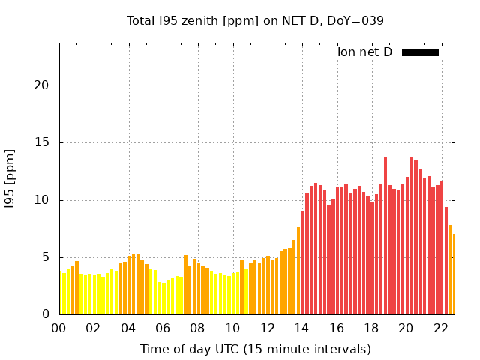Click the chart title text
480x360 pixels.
pyautogui.click(x=255, y=20)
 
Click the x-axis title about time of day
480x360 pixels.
pyautogui.click(x=255, y=349)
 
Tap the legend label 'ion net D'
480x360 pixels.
pyautogui.click(x=364, y=52)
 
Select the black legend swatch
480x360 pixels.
pyautogui.click(x=420, y=52)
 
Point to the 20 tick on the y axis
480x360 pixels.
pyautogui.click(x=41, y=85)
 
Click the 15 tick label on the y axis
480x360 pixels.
pyautogui.click(x=41, y=142)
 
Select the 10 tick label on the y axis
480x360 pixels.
pyautogui.click(x=41, y=200)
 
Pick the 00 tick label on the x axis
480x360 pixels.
pyautogui.click(x=58, y=328)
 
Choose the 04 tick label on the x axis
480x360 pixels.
pyautogui.click(x=128, y=328)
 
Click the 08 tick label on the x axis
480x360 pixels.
pyautogui.click(x=197, y=328)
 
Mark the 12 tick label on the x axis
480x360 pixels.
pyautogui.click(x=267, y=328)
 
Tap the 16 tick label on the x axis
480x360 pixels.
pyautogui.click(x=337, y=328)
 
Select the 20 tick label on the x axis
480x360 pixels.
pyautogui.click(x=406, y=328)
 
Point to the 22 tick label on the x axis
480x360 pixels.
pyautogui.click(x=441, y=328)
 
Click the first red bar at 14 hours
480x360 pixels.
pyautogui.click(x=303, y=262)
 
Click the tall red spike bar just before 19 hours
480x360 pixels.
pyautogui.click(x=385, y=236)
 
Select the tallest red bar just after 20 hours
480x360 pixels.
pyautogui.click(x=412, y=235)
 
